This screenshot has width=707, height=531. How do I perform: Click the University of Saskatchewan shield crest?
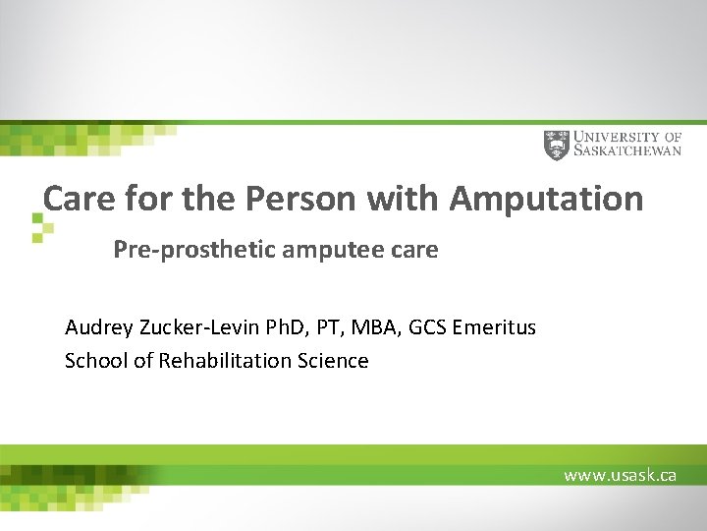coord(556,146)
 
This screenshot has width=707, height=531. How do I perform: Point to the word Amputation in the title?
coord(546,200)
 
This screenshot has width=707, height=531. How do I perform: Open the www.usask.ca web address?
coord(620,475)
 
